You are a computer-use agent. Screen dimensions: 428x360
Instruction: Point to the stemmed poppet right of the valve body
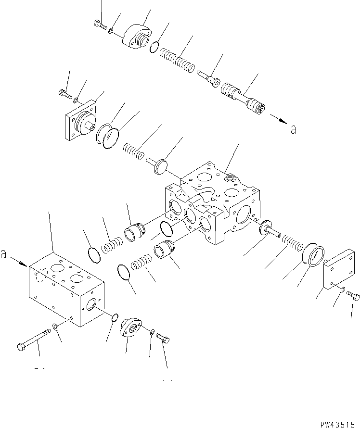[x=270, y=229]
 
